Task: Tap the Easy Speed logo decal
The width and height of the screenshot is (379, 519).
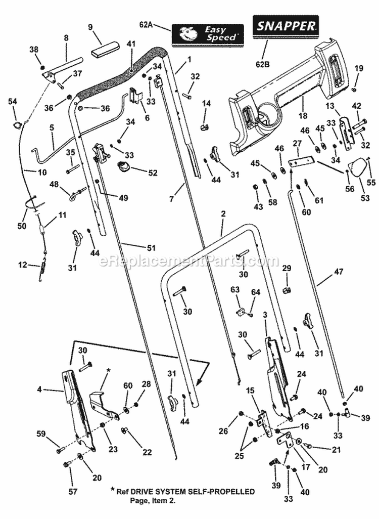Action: pos(207,33)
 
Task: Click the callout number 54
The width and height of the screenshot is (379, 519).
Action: pos(13,102)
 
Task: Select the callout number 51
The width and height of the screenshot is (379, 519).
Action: pos(151,247)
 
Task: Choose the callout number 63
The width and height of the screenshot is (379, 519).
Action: pos(234,290)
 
